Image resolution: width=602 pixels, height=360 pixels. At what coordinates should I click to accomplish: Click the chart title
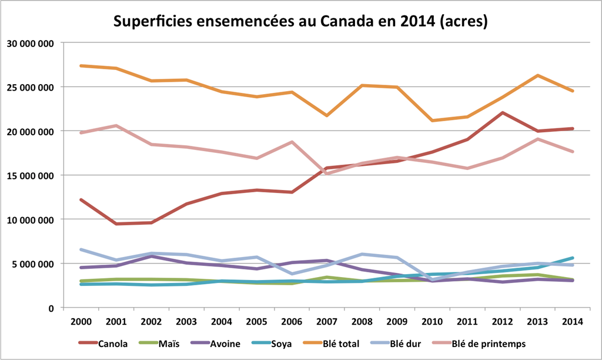pos(300,22)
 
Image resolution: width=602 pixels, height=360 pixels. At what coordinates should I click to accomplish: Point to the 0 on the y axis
pos(51,308)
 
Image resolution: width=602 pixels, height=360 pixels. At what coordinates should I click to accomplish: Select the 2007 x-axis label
pos(327,321)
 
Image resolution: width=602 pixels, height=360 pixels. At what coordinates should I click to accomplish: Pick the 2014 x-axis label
pos(572,321)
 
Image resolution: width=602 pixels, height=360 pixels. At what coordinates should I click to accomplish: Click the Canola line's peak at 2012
pos(502,112)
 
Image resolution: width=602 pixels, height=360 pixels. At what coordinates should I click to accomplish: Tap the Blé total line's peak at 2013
pos(537,75)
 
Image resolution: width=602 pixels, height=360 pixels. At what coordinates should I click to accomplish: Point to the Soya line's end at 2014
pos(572,258)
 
